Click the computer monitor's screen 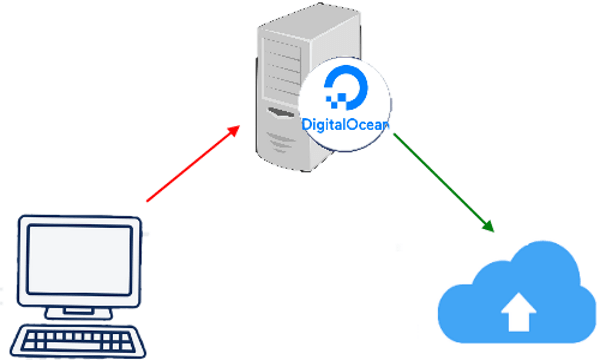point(79,265)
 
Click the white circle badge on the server point(345,105)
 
